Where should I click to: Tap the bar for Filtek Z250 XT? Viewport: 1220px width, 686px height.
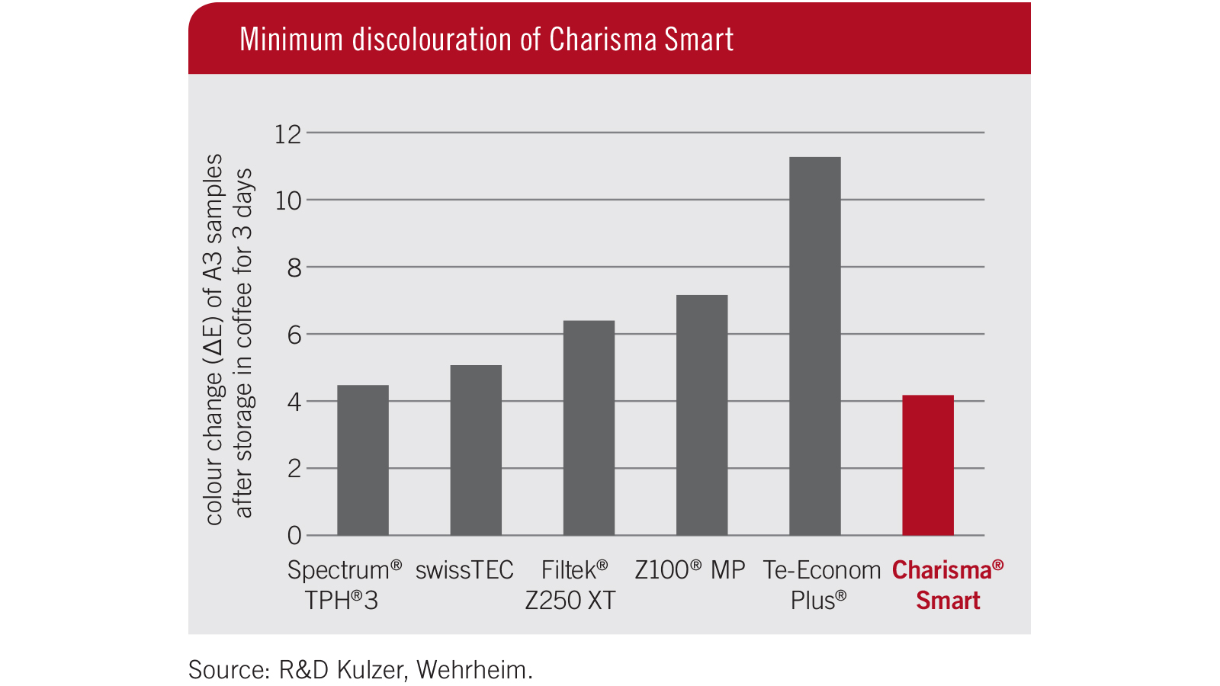(589, 428)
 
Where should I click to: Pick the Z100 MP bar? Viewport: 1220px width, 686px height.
(701, 415)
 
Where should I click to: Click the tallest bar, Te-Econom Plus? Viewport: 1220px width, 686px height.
(814, 346)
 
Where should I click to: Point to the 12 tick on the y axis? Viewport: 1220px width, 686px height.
(288, 134)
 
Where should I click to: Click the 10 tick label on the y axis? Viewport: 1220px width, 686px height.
(288, 200)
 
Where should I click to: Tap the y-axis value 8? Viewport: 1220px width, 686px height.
(294, 268)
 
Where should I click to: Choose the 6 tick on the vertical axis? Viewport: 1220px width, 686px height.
(294, 335)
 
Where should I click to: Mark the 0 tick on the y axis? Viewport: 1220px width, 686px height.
(294, 535)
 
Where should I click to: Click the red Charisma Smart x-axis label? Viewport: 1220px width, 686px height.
(948, 585)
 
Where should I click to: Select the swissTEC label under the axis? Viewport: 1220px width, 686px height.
(464, 570)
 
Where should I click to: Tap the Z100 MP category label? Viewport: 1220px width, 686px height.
(689, 570)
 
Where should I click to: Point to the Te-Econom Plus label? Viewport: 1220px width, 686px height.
(820, 585)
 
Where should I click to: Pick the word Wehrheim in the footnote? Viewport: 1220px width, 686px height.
(474, 670)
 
